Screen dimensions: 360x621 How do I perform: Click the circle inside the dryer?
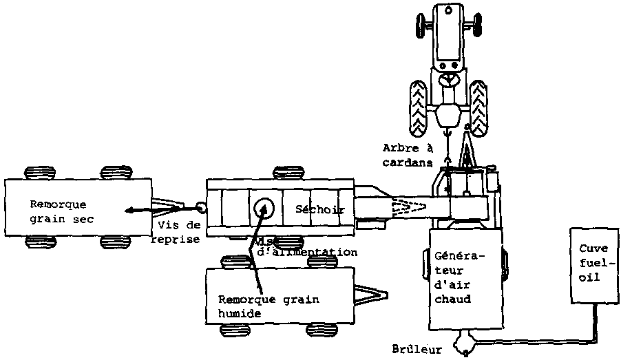[263, 207]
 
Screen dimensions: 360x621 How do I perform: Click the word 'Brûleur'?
[418, 350]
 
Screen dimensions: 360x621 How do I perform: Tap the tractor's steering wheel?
[449, 81]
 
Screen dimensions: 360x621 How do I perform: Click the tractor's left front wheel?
[419, 25]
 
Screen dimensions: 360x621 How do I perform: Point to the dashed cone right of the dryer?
[407, 206]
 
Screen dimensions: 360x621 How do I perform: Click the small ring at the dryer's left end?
[200, 207]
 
